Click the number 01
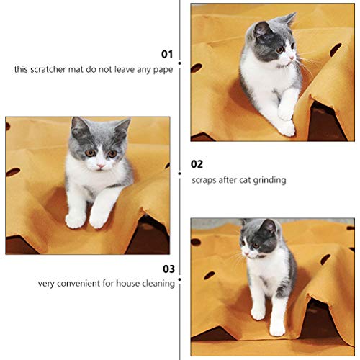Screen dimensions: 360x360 click(167, 54)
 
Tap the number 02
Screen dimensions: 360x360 click(197, 164)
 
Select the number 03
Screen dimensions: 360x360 click(168, 269)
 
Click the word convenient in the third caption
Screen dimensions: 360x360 click(84, 284)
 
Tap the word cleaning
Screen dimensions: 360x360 click(158, 284)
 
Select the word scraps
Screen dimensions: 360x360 click(204, 180)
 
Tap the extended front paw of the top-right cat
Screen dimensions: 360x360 click(286, 129)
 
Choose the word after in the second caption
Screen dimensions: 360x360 click(230, 180)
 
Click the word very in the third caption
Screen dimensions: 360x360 click(48, 284)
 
